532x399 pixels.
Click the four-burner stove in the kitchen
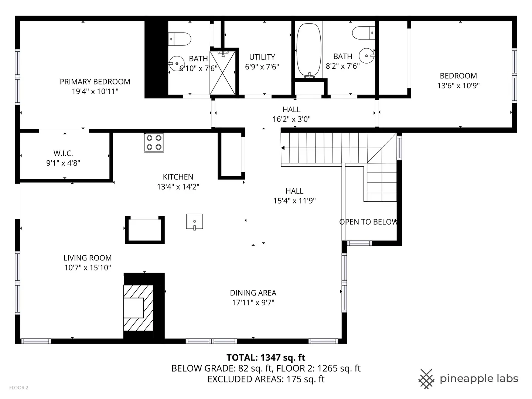(154, 143)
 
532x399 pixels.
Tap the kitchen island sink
(194, 222)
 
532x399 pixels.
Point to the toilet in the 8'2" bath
(364, 33)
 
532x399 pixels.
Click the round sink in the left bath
(177, 63)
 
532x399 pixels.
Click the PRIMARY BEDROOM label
(95, 82)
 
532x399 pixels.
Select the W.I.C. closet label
(63, 153)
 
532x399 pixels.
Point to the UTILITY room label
(262, 57)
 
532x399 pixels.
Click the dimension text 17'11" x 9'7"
(253, 303)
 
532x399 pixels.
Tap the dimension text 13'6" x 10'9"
(458, 85)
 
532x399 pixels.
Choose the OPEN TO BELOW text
(369, 222)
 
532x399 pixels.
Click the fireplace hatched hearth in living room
(138, 308)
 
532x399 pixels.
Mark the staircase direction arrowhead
(283, 148)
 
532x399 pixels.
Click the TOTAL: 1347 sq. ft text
(266, 357)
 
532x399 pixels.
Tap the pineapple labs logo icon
(426, 379)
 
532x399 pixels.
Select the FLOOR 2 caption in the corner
(19, 388)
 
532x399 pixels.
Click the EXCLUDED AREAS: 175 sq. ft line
(266, 379)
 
